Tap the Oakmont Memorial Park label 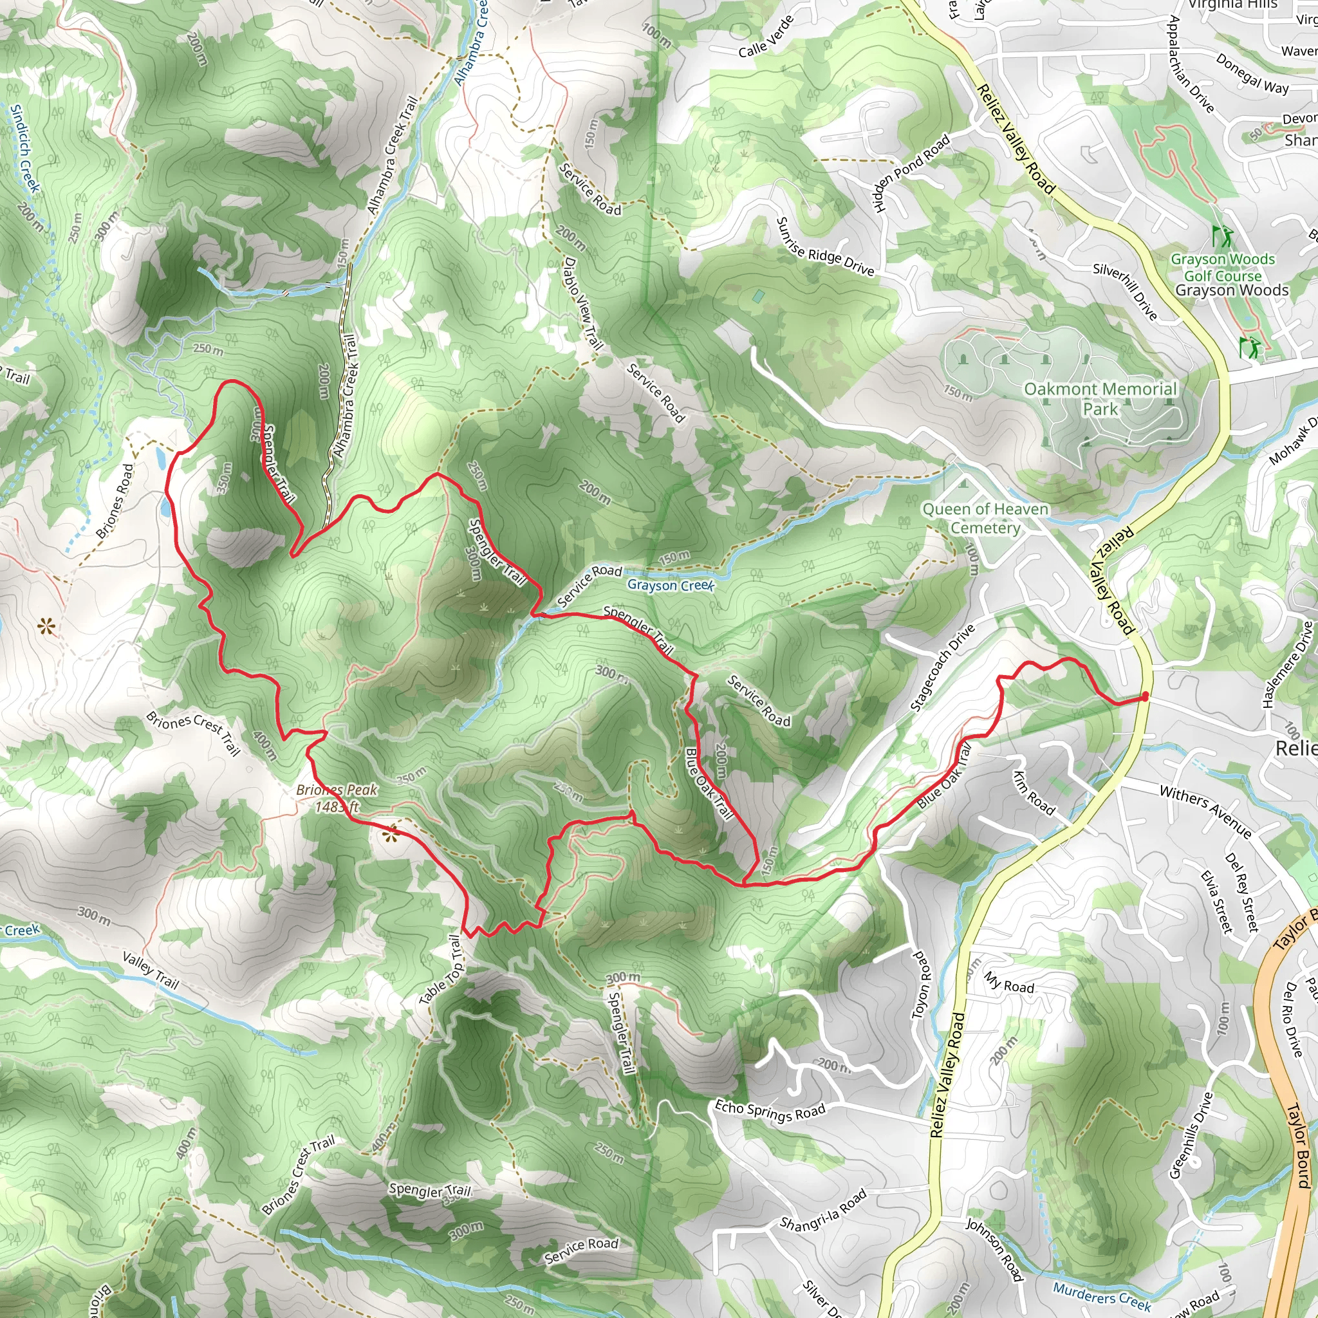tap(1100, 399)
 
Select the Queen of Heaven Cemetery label tap(985, 519)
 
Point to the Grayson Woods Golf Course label tap(1223, 268)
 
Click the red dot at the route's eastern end tap(1145, 696)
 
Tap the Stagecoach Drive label tap(943, 669)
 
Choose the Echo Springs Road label tap(770, 1111)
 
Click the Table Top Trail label tap(442, 970)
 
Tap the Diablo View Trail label tap(583, 304)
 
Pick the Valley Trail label tap(150, 970)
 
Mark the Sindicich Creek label tap(26, 149)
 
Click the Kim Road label tap(1034, 794)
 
